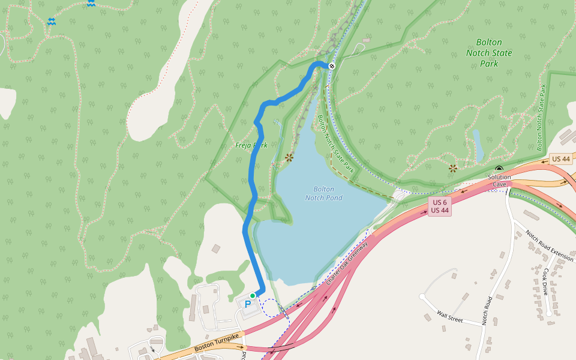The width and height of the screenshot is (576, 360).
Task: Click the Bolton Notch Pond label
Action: pyautogui.click(x=323, y=193)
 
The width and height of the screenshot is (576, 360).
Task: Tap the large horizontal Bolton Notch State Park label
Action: pyautogui.click(x=489, y=53)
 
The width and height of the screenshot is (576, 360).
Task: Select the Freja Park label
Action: pyautogui.click(x=251, y=145)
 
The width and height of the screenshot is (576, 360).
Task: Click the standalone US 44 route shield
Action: pyautogui.click(x=560, y=159)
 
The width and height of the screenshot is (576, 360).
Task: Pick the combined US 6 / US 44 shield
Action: pyautogui.click(x=439, y=206)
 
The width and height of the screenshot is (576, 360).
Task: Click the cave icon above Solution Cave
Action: pyautogui.click(x=499, y=169)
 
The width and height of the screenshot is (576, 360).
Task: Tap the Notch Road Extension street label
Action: pyautogui.click(x=549, y=246)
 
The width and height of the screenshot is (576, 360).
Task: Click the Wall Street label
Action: pyautogui.click(x=450, y=317)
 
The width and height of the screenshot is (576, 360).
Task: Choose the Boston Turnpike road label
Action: pyautogui.click(x=217, y=343)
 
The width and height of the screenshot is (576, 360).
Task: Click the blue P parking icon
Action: pyautogui.click(x=247, y=305)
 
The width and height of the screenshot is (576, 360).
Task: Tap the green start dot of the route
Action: pyautogui.click(x=253, y=296)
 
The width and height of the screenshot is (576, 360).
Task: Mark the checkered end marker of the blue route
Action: pyautogui.click(x=331, y=65)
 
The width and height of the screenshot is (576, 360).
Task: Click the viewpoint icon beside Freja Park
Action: pyautogui.click(x=289, y=158)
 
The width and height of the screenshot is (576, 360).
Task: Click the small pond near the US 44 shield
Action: pyautogui.click(x=478, y=145)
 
